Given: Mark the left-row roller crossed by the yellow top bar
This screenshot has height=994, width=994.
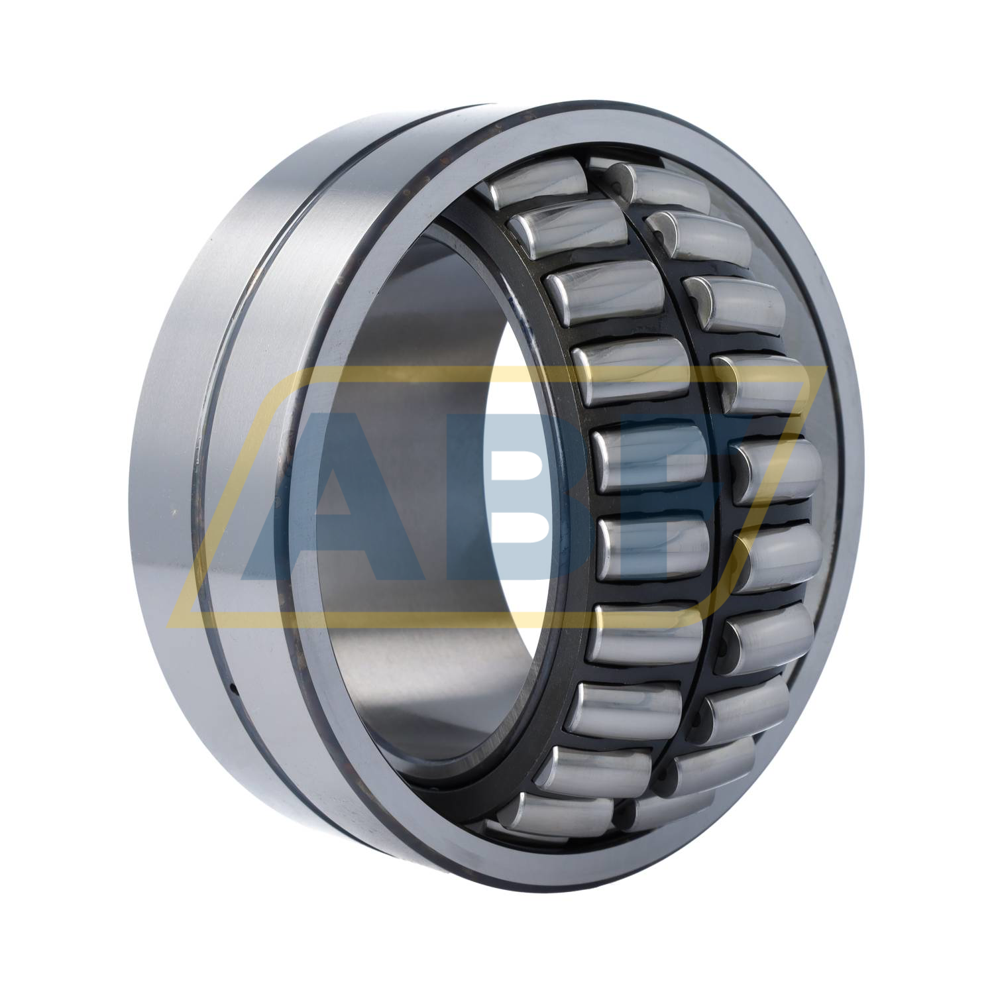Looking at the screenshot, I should coord(630,368).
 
